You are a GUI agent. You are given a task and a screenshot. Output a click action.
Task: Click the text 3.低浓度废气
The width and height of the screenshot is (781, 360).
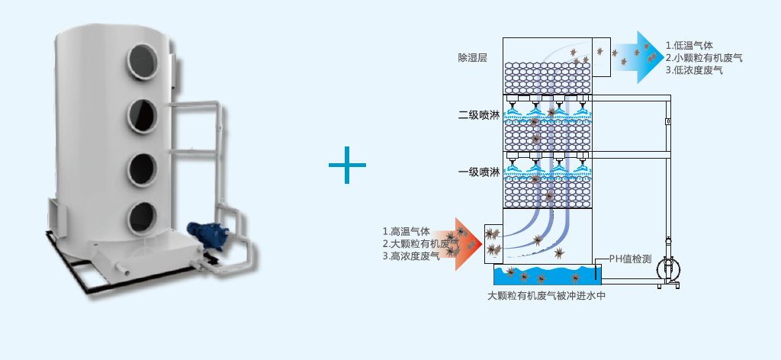pyautogui.click(x=693, y=70)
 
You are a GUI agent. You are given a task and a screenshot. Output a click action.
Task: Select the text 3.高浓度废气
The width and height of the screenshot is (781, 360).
pyautogui.click(x=411, y=256)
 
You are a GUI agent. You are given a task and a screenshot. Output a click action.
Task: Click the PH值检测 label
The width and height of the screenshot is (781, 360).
pyautogui.click(x=630, y=259)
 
